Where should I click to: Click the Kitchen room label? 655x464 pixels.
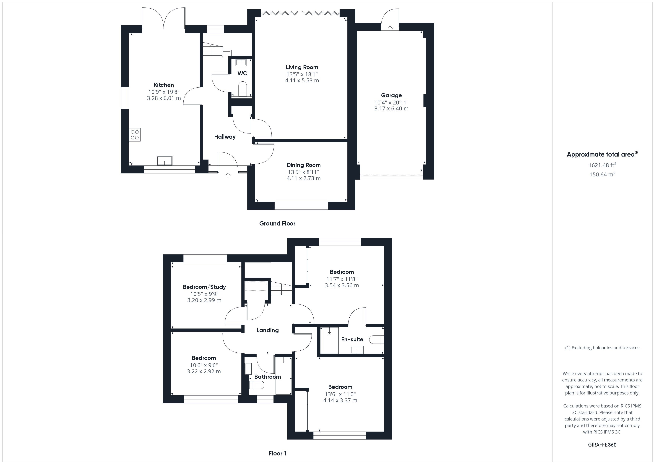pyautogui.click(x=164, y=85)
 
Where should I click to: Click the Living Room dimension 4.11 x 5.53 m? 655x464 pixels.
pyautogui.click(x=302, y=80)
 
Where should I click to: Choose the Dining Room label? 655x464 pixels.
pyautogui.click(x=304, y=165)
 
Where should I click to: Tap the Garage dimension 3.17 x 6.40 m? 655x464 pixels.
pyautogui.click(x=391, y=109)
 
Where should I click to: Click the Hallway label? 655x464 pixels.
pyautogui.click(x=225, y=137)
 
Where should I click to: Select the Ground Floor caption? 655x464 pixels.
pyautogui.click(x=277, y=223)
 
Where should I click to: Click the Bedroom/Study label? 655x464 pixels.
pyautogui.click(x=204, y=287)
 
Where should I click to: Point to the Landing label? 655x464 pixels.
pyautogui.click(x=267, y=330)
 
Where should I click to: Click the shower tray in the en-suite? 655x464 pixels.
pyautogui.click(x=330, y=340)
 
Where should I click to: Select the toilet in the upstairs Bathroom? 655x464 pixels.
pyautogui.click(x=257, y=385)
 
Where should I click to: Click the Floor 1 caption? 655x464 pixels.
pyautogui.click(x=277, y=453)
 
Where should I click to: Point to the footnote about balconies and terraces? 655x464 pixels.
pyautogui.click(x=602, y=348)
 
